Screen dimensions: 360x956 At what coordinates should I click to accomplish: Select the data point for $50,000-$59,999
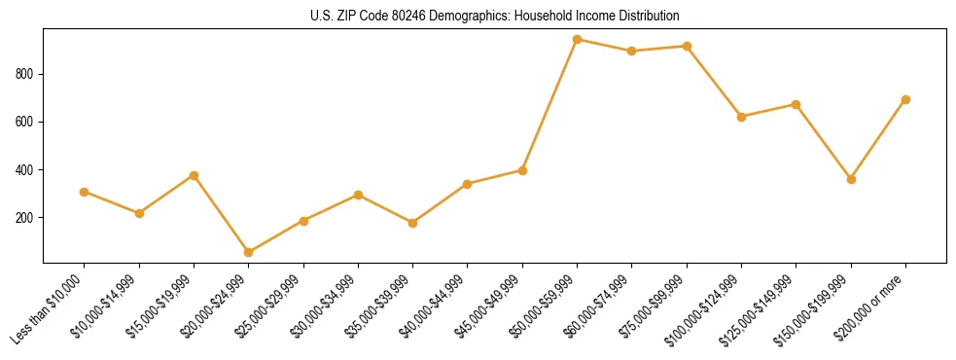(578, 40)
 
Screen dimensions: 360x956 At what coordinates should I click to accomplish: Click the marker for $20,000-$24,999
(249, 253)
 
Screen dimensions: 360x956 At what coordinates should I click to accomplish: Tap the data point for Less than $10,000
(85, 192)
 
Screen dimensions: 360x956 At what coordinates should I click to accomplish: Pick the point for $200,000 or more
(906, 99)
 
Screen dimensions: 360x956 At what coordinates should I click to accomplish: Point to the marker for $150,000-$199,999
(852, 179)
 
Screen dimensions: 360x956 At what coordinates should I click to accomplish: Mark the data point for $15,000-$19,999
(195, 175)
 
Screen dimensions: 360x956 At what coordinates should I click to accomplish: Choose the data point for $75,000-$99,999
(688, 46)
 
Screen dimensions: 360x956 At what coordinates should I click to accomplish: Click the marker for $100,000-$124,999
(742, 117)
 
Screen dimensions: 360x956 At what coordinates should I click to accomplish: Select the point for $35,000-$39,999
(413, 223)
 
